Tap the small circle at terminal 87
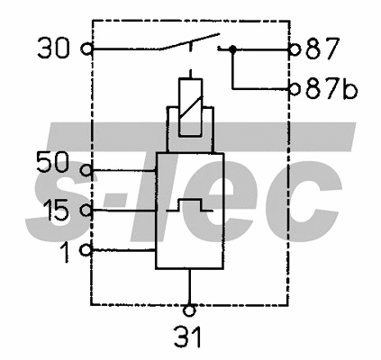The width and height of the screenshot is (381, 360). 294,49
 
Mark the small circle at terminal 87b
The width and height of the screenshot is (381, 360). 294,89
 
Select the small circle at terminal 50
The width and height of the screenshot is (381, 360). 86,168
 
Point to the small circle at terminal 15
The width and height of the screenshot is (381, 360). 86,211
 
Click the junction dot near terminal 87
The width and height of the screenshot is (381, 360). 233,49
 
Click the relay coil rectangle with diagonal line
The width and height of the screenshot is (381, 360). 190,105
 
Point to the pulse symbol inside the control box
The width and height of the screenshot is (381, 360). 188,205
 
